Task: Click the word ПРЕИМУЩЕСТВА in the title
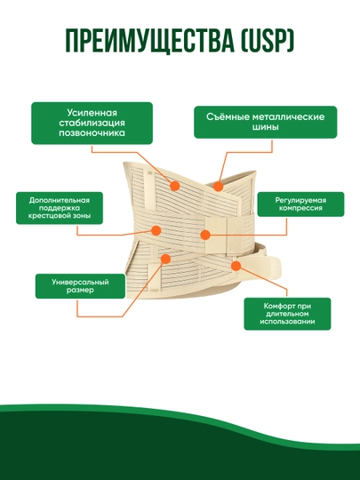pos(150,41)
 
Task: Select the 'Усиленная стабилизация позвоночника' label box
pos(92,123)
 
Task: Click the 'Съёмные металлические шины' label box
pos(266,122)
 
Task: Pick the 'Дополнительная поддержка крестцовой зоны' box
pos(60,208)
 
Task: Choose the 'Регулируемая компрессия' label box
pos(300,204)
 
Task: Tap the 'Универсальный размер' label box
pos(80,286)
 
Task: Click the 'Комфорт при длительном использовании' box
pos(287,314)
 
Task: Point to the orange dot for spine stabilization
pos(174,186)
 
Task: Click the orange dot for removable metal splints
pos(218,186)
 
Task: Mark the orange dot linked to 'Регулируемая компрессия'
pos(205,235)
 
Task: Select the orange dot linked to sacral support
pos(156,230)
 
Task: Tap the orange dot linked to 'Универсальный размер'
pos(165,259)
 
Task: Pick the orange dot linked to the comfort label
pos(236,266)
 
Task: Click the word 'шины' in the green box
pos(266,127)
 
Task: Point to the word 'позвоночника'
pos(92,133)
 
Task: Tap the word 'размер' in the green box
pos(80,290)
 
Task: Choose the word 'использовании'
pos(287,322)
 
